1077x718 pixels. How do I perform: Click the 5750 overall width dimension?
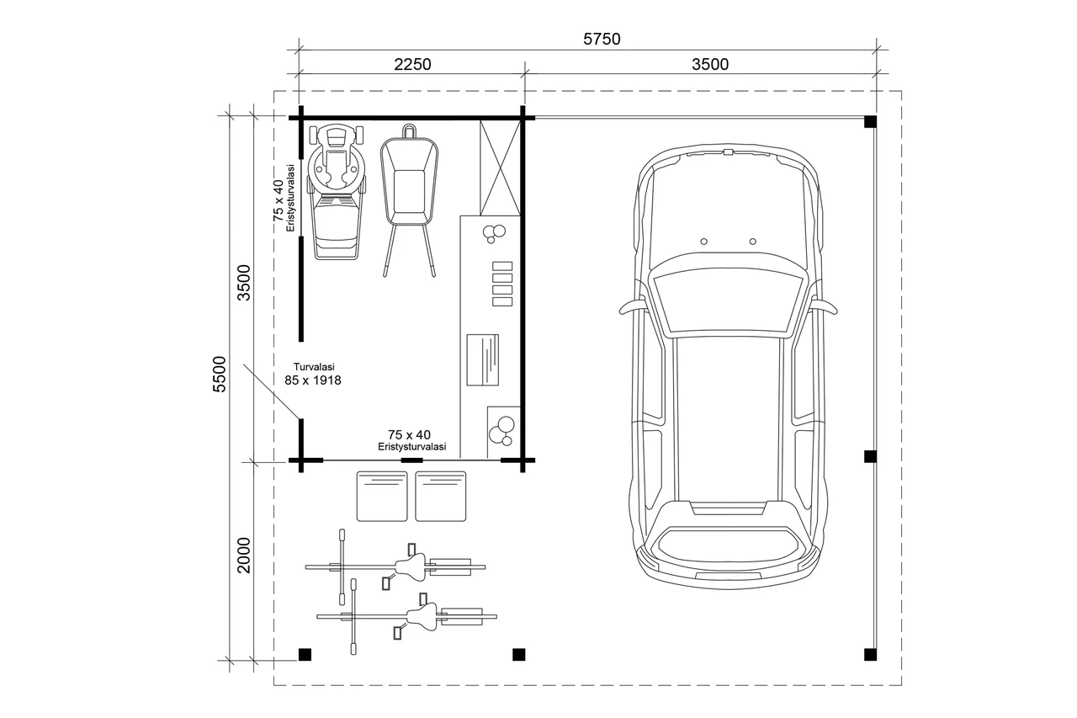click(602, 39)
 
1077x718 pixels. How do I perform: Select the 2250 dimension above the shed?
click(412, 64)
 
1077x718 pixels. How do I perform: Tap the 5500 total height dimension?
click(220, 374)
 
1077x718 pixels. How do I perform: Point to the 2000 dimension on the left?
click(244, 555)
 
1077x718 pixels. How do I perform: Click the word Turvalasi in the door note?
click(314, 367)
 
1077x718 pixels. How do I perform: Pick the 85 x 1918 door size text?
click(313, 380)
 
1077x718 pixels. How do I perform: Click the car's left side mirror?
click(632, 306)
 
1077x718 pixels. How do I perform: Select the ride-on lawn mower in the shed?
click(336, 192)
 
